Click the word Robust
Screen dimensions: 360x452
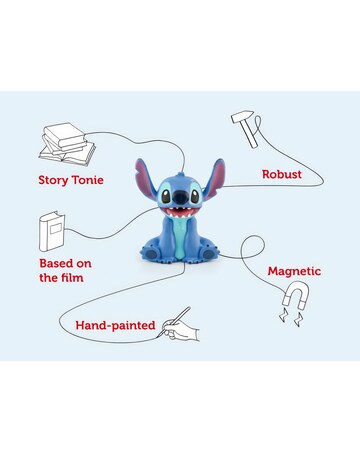(x=282, y=174)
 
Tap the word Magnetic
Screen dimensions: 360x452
(x=294, y=271)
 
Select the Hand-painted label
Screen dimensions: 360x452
(x=115, y=325)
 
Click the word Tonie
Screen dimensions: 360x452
(x=88, y=180)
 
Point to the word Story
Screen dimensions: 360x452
(x=54, y=181)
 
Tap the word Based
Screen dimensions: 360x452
(x=56, y=263)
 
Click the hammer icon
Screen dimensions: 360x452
(x=246, y=129)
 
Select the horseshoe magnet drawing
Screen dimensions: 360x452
(x=296, y=294)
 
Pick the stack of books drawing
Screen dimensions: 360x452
(x=67, y=144)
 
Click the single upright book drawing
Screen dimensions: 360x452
(x=52, y=231)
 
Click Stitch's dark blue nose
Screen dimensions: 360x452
(x=179, y=197)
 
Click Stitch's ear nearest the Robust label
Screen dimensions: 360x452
(x=215, y=178)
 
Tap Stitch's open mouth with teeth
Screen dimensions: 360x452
(x=179, y=211)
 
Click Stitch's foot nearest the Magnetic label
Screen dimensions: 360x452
(x=206, y=253)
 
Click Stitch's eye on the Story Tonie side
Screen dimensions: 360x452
(x=166, y=196)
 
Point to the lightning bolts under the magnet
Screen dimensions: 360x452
(x=291, y=317)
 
